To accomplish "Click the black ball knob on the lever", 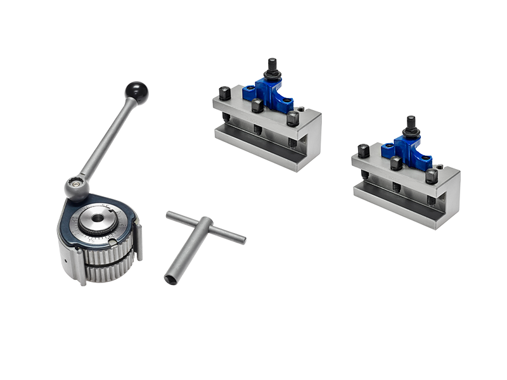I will click(x=137, y=92).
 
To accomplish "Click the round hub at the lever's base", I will click(x=76, y=187).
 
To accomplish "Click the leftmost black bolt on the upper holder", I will click(x=224, y=93).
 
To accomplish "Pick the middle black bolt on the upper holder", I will click(x=257, y=105).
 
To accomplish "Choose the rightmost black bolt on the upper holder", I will click(x=293, y=118).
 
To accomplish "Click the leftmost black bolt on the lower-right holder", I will click(x=363, y=151).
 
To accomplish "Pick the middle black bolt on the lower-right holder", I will click(x=396, y=163).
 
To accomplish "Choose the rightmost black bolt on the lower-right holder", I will click(x=432, y=175).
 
